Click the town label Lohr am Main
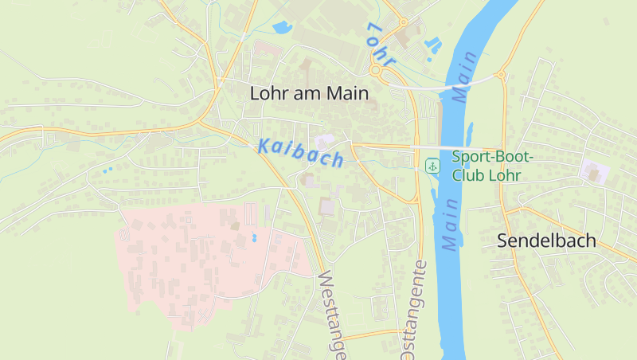point(309,93)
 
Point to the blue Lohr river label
point(381,45)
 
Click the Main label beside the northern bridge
point(466,76)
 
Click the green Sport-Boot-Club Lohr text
point(492,166)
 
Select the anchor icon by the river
point(432,166)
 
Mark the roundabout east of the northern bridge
point(502,76)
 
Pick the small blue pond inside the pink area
point(254,237)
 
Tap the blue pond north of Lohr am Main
point(282,29)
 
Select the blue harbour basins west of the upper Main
point(433,45)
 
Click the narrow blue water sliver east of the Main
point(471,131)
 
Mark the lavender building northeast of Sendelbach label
point(593,170)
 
